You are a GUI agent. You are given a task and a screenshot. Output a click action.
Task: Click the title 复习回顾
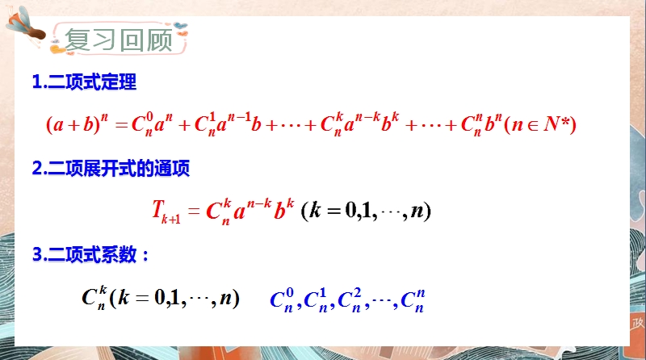pyautogui.click(x=119, y=40)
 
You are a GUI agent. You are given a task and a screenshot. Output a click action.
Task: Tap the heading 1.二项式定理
pyautogui.click(x=85, y=82)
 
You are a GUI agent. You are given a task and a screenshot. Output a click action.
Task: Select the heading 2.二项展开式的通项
pyautogui.click(x=111, y=168)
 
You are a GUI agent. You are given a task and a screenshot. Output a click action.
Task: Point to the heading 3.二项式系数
pyautogui.click(x=90, y=254)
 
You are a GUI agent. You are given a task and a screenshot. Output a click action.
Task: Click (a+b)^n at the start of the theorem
pyautogui.click(x=77, y=123)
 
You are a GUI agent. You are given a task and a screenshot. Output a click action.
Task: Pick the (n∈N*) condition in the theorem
pyautogui.click(x=539, y=124)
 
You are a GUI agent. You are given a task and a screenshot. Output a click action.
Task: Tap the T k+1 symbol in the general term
pyautogui.click(x=166, y=211)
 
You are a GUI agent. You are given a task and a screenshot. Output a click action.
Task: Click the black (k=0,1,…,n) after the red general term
pyautogui.click(x=366, y=211)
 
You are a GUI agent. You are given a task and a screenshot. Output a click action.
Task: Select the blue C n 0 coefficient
pyautogui.click(x=282, y=300)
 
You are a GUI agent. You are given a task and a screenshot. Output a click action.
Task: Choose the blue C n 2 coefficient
pyautogui.click(x=350, y=300)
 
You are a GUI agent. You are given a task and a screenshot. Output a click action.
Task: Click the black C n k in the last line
pyautogui.click(x=94, y=297)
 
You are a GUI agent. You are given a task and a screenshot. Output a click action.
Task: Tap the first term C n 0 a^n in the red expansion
pyautogui.click(x=152, y=124)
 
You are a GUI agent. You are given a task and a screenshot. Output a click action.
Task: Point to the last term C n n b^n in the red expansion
pyautogui.click(x=481, y=124)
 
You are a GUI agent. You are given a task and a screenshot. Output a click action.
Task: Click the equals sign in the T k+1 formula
pyautogui.click(x=194, y=211)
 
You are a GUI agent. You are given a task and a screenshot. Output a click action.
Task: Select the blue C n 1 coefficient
pyautogui.click(x=316, y=300)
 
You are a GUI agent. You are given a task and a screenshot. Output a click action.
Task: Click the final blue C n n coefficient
pyautogui.click(x=413, y=300)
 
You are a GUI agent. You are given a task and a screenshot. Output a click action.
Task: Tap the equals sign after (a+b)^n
pyautogui.click(x=122, y=124)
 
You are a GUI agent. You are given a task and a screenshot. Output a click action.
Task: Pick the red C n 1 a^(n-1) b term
pyautogui.click(x=228, y=123)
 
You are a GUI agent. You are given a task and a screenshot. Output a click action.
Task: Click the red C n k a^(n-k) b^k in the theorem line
pyautogui.click(x=360, y=123)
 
